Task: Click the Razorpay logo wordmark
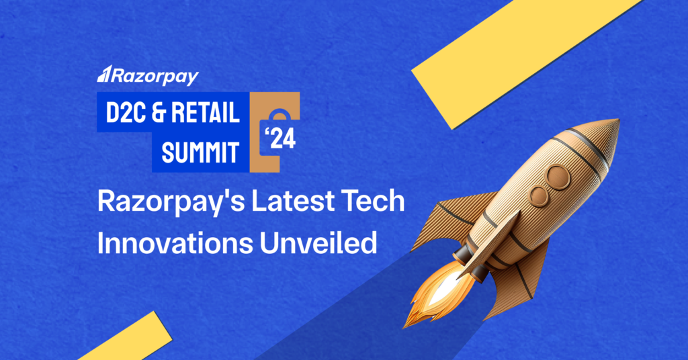pos(149,75)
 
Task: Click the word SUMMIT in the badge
pos(200,152)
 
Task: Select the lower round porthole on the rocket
pos(538,196)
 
